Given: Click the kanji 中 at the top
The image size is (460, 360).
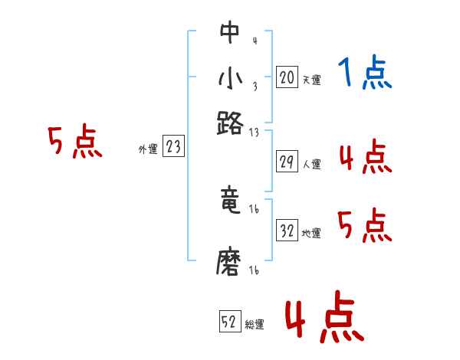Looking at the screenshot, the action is [x=229, y=33].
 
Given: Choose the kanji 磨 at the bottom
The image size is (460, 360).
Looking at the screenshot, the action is [x=229, y=263].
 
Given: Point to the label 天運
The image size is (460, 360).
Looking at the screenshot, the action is [x=311, y=80].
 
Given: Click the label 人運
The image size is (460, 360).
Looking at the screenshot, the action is [x=311, y=164].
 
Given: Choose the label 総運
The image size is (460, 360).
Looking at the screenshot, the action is [x=255, y=325].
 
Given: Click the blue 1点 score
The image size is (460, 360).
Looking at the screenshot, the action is [x=364, y=74].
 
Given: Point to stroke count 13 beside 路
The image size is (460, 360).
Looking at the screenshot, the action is [x=255, y=132].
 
